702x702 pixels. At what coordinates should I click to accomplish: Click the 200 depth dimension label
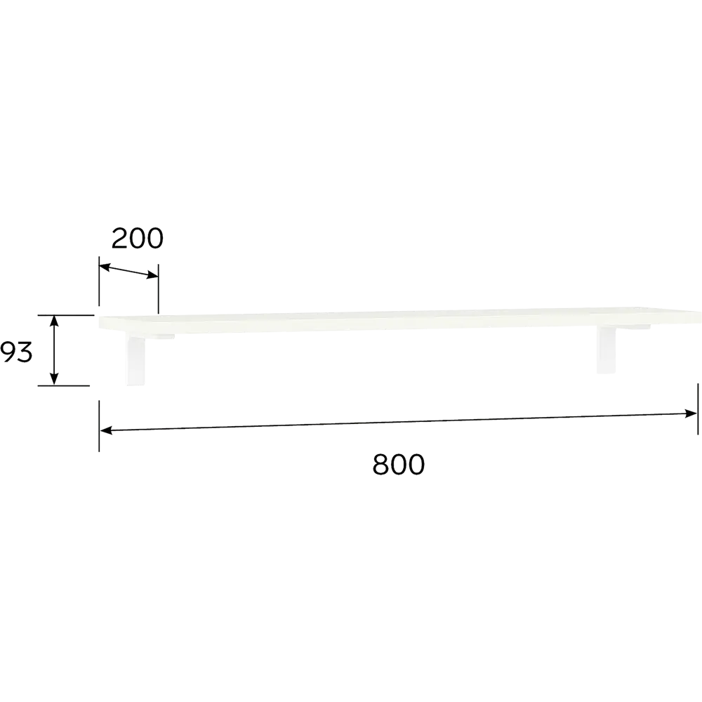(138, 239)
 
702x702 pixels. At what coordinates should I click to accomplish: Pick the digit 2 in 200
(119, 239)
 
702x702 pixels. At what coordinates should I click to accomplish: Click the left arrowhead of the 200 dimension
(105, 267)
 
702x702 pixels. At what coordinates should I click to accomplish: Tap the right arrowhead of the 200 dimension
(152, 276)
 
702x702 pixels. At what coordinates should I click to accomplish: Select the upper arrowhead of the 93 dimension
(54, 322)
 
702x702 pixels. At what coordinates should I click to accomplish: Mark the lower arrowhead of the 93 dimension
(54, 379)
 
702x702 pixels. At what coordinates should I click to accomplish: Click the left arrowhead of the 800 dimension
(106, 430)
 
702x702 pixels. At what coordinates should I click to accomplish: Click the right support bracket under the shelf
(607, 349)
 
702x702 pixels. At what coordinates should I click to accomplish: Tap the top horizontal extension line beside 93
(66, 315)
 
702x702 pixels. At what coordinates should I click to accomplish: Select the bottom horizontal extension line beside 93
(64, 385)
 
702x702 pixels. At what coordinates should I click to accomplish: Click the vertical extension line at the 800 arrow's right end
(698, 409)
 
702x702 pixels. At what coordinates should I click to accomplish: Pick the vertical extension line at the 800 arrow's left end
(100, 426)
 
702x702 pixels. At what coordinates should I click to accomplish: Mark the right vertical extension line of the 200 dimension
(158, 289)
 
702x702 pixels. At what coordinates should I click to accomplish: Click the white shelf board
(400, 319)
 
